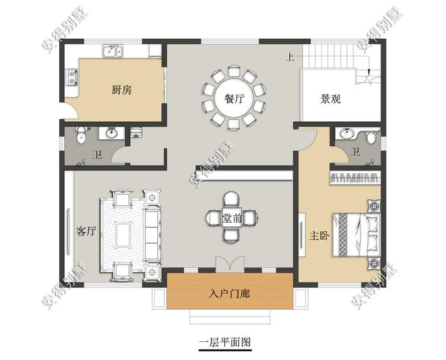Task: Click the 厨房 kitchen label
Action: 122,91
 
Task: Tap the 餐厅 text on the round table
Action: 234,98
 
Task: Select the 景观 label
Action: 330,99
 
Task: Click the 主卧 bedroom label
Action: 318,235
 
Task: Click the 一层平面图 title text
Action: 224,342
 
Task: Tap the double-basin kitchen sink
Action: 113,50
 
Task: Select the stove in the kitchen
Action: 71,77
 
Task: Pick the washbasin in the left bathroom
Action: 111,133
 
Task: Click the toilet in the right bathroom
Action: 371,136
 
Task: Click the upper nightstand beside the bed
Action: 374,206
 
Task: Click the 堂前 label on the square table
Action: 232,218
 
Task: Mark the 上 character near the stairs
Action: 289,57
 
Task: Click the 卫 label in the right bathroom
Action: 355,152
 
